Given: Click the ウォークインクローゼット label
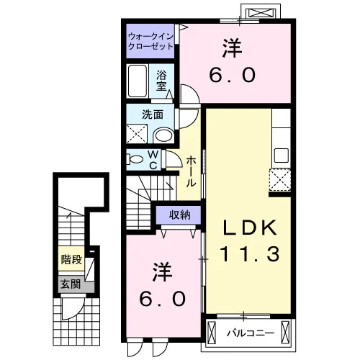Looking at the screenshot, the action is click(x=150, y=41).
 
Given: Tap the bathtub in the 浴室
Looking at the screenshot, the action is click(x=138, y=81).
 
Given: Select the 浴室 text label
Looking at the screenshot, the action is click(x=161, y=81).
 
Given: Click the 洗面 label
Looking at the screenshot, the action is click(x=153, y=114).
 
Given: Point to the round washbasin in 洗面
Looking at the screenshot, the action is click(x=164, y=135).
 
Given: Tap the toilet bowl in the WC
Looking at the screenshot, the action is click(x=135, y=159).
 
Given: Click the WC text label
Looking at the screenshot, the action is click(x=153, y=159).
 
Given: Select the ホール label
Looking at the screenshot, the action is click(x=191, y=171).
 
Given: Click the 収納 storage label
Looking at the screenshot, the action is click(x=180, y=215).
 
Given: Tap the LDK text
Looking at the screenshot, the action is click(x=250, y=228).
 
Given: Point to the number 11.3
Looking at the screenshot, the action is click(x=250, y=254).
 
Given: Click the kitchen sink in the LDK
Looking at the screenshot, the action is click(x=282, y=155).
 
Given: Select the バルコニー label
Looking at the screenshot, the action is click(x=251, y=333).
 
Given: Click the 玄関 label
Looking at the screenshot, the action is click(x=70, y=284).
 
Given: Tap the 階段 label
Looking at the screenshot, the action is click(x=71, y=259).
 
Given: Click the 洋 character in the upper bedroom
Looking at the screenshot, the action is click(x=232, y=49).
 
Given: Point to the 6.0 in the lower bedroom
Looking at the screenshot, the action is click(x=163, y=299).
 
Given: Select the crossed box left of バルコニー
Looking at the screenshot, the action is click(x=212, y=333).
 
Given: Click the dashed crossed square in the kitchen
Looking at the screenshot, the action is click(x=280, y=180).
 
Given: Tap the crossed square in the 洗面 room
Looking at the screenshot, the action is click(x=137, y=134).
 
